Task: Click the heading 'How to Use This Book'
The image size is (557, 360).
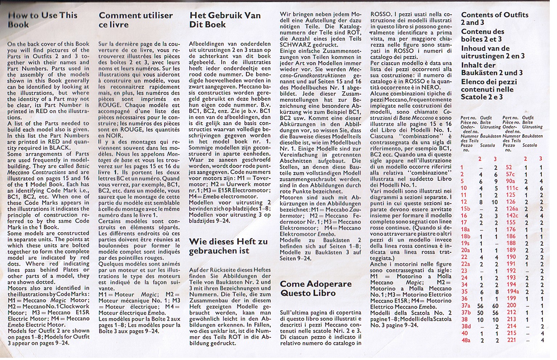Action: point(43,20)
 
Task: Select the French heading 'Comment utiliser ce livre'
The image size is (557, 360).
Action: point(136,20)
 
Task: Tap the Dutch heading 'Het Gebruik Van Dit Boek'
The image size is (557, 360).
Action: point(225,20)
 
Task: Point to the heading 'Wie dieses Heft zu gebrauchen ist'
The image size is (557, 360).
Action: point(228,246)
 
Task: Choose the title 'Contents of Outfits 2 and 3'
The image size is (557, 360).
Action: point(495,19)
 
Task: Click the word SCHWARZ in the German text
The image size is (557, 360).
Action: point(296,45)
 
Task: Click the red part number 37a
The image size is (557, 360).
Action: point(465,305)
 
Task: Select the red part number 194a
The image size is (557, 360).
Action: point(513,291)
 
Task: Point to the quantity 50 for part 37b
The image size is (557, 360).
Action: point(480,312)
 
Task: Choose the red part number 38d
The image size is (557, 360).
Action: point(466,326)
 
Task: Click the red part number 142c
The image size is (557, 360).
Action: point(512,216)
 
